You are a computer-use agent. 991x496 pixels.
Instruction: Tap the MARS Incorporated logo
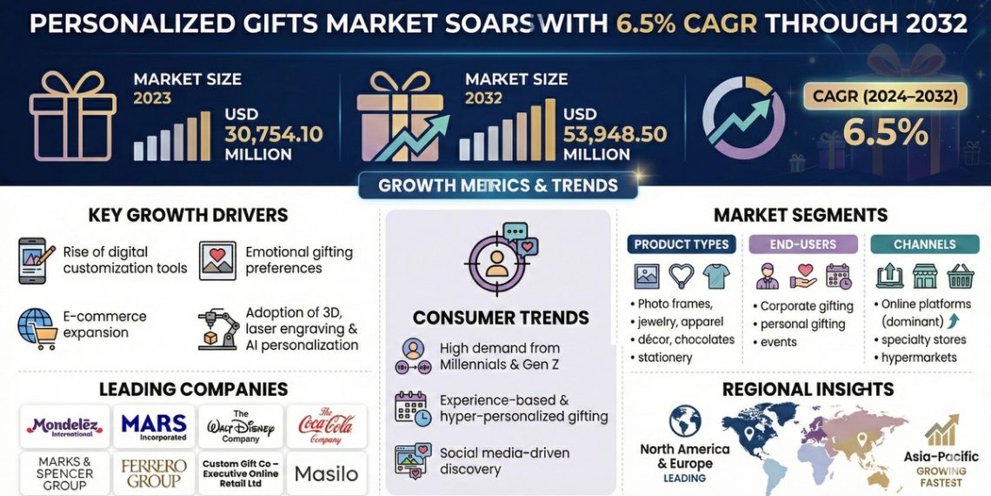[x=154, y=426]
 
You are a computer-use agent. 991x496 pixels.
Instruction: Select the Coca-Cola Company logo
[x=326, y=426]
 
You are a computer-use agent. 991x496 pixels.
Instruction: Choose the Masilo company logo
[x=326, y=474]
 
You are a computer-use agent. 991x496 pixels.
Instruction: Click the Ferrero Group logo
[x=154, y=474]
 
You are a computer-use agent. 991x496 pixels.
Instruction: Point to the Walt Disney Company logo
[x=240, y=426]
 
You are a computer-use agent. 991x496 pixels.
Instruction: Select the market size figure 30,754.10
[x=274, y=134]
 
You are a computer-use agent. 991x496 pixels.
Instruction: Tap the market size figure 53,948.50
[x=615, y=134]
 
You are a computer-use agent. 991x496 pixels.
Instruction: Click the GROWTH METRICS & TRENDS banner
[x=498, y=185]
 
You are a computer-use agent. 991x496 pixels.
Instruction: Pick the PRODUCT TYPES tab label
[x=682, y=245]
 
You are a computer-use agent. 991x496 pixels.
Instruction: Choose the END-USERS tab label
[x=803, y=245]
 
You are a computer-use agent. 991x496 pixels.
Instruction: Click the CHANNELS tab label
[x=924, y=245]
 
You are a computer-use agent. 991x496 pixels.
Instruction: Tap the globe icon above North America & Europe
[x=685, y=421]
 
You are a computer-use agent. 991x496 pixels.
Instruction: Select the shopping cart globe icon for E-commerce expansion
[x=37, y=327]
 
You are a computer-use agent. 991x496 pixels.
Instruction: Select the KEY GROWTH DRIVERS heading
[x=188, y=215]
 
